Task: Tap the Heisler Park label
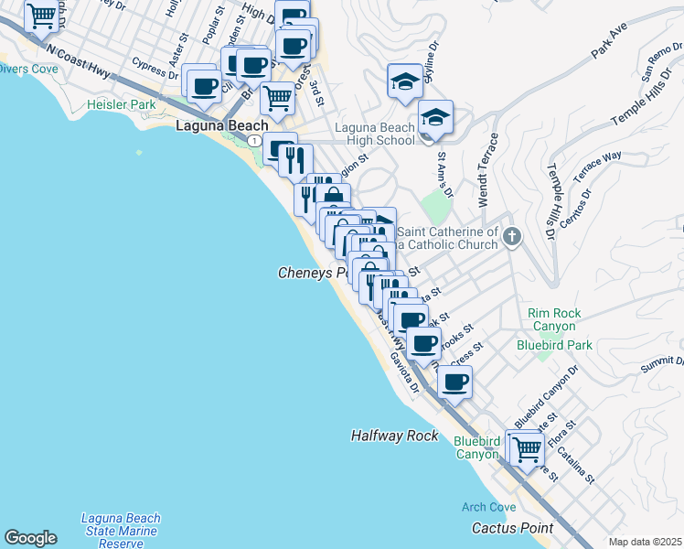[122, 105]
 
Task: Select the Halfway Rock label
[394, 436]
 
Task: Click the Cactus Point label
[512, 528]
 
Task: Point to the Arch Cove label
[488, 507]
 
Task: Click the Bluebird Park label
[554, 345]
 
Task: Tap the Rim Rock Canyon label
[553, 319]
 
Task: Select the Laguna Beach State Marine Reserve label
[120, 531]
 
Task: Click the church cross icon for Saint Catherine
[512, 237]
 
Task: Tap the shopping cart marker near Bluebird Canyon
[526, 448]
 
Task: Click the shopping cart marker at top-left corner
[41, 15]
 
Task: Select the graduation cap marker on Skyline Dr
[405, 80]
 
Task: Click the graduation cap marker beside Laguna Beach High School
[436, 116]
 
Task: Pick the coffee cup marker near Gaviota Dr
[454, 382]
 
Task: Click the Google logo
[30, 538]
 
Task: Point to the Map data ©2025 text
[645, 542]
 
